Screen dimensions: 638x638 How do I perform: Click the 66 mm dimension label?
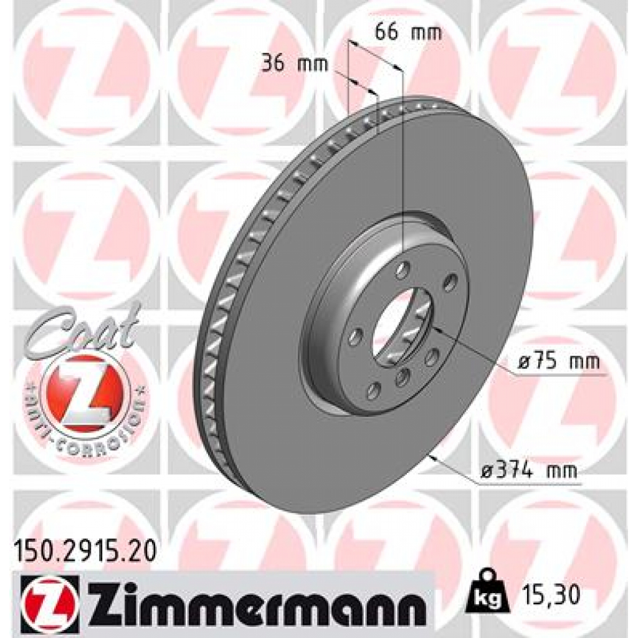(x=408, y=32)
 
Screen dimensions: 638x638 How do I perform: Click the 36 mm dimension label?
(x=293, y=64)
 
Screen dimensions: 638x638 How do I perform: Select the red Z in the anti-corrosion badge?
(x=87, y=396)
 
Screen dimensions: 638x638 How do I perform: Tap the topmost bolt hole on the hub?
(x=403, y=271)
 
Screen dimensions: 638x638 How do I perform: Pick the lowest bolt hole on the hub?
(x=374, y=391)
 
